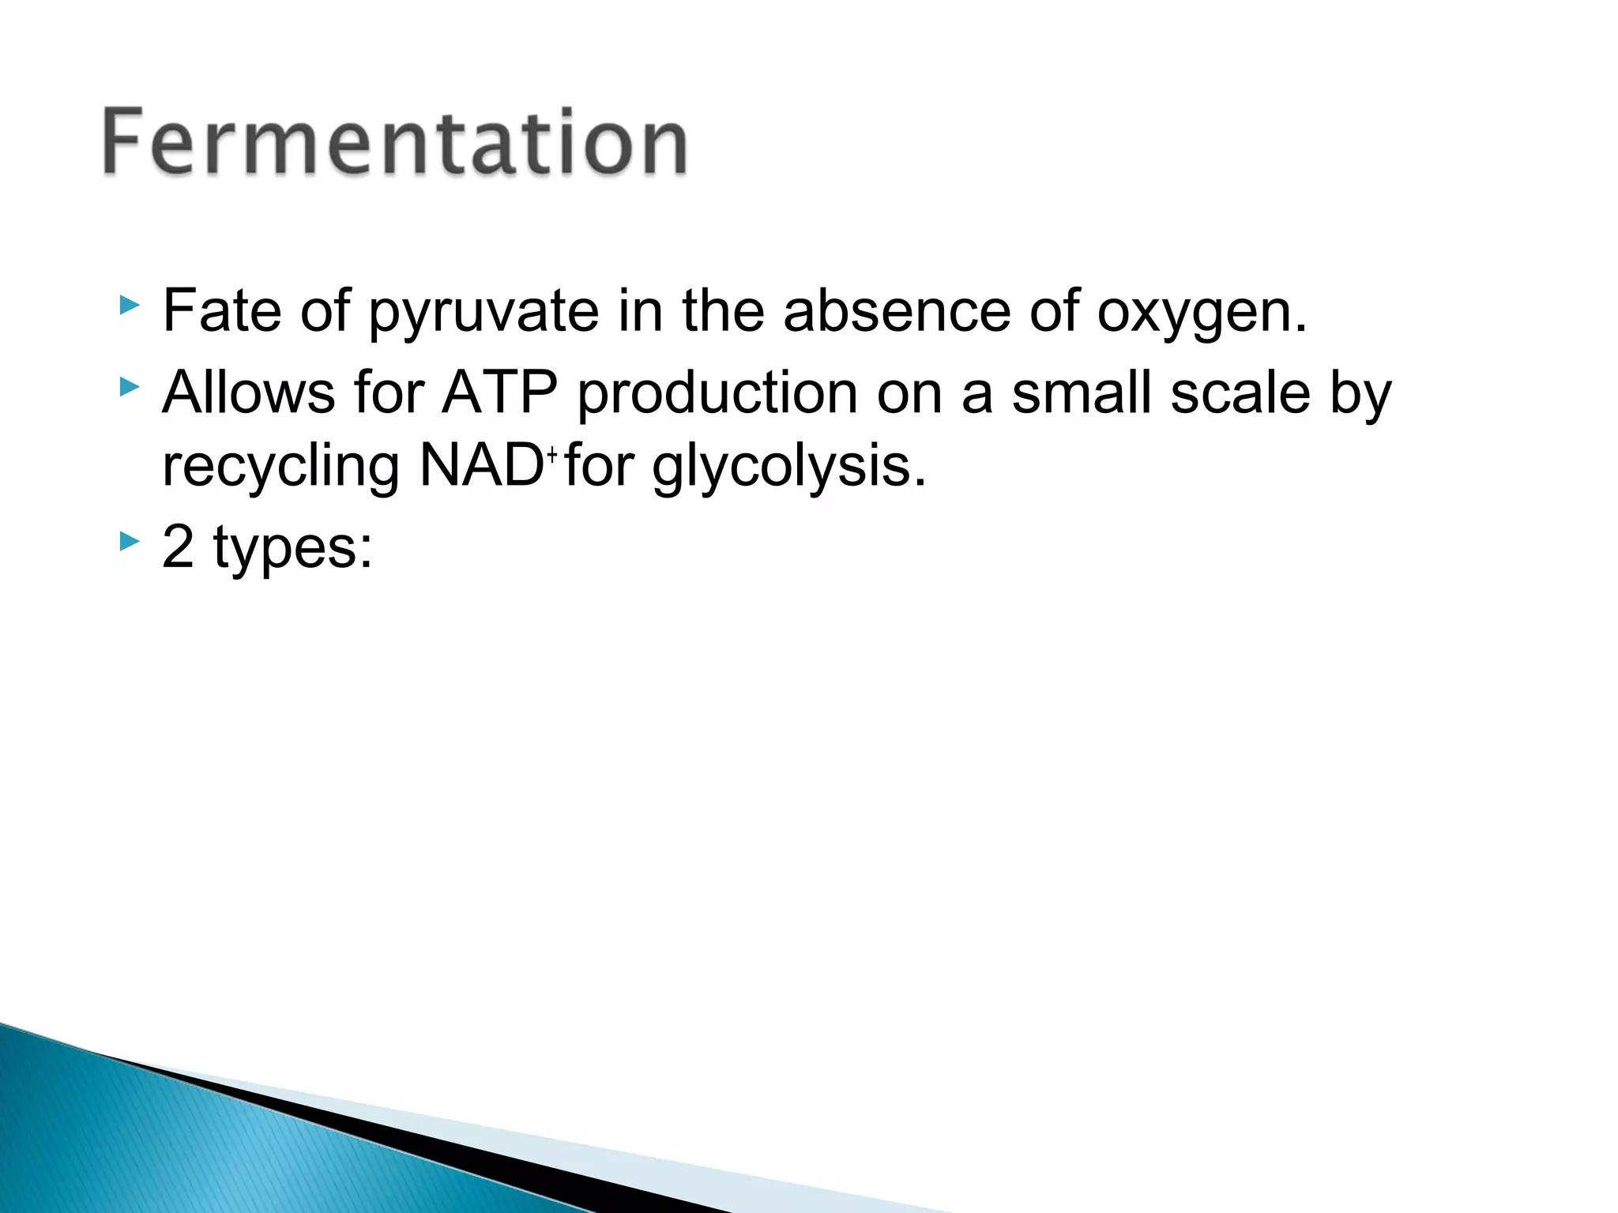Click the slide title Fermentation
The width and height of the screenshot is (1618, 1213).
[x=395, y=142]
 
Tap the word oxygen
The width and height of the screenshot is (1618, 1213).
[x=1201, y=313]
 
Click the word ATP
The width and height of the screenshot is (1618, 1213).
[x=499, y=392]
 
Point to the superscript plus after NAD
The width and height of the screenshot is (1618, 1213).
[x=552, y=453]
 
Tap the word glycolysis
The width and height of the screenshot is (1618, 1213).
[x=788, y=468]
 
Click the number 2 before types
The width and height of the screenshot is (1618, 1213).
[x=178, y=546]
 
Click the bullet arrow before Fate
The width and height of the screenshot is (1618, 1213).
[x=129, y=305]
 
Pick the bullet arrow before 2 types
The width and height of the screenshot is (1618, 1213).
[x=129, y=541]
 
